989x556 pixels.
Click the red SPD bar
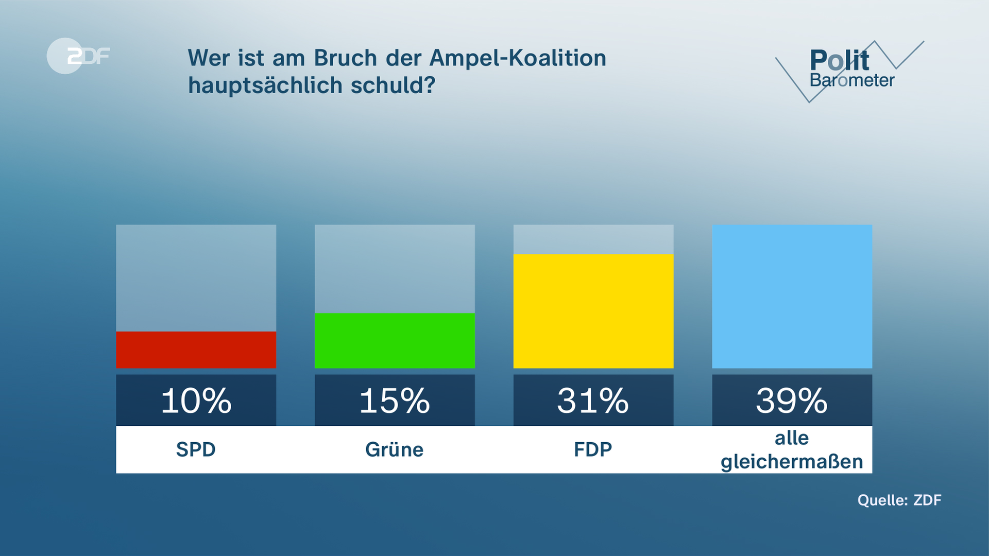(196, 350)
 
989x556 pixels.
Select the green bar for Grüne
(395, 340)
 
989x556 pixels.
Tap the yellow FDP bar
(593, 311)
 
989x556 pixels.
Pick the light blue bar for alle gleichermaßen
(792, 296)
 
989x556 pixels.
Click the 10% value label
(196, 401)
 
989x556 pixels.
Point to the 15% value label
(395, 401)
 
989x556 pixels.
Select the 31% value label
(593, 401)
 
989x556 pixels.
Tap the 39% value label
(792, 401)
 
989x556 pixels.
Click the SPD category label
(196, 449)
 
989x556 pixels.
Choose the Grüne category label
(395, 449)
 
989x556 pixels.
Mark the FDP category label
(593, 449)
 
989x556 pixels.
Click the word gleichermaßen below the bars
(792, 462)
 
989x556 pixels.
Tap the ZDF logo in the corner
(78, 56)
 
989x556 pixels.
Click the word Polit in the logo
(839, 61)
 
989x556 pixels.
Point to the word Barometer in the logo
(852, 80)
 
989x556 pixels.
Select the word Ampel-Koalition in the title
(518, 58)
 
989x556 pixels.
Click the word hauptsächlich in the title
(265, 85)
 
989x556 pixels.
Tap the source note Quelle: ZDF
(899, 500)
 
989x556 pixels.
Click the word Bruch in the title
(346, 58)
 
